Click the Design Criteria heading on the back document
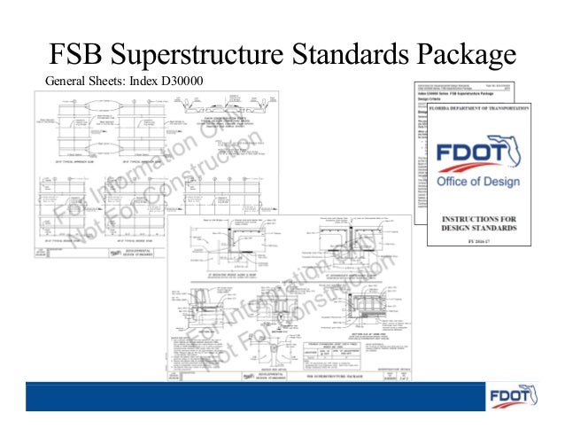[435, 99]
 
